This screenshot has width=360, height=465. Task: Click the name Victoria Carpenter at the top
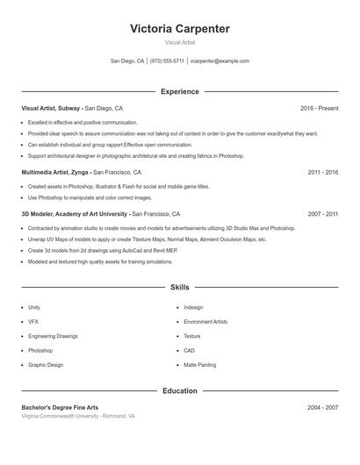click(179, 29)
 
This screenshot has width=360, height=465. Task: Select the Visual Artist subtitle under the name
click(179, 43)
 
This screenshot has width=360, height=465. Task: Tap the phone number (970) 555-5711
click(167, 61)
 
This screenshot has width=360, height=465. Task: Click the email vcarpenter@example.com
click(220, 61)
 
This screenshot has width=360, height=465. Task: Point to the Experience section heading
click(179, 91)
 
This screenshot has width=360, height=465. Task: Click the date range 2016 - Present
click(319, 108)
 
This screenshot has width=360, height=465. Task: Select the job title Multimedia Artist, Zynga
click(55, 173)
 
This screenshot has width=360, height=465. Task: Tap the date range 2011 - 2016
click(322, 173)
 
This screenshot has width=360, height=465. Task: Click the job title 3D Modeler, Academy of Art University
click(75, 214)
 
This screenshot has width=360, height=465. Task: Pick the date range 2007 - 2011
click(322, 214)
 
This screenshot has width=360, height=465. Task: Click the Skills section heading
click(179, 287)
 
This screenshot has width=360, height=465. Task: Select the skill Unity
click(34, 308)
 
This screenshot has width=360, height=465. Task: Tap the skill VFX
click(33, 322)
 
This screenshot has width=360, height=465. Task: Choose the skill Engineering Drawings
click(53, 336)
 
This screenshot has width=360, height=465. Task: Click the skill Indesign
click(193, 308)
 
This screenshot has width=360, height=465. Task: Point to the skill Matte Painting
click(199, 364)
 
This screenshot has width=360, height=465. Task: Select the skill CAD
click(190, 350)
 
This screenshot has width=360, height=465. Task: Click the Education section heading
click(179, 390)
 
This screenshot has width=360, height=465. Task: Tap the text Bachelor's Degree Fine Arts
click(60, 408)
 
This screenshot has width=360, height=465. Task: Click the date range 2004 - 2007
click(322, 408)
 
